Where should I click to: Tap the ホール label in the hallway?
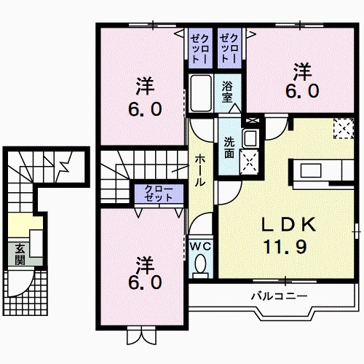click(x=199, y=169)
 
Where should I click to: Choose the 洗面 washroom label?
click(x=229, y=148)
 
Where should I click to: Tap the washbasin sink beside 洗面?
click(x=250, y=139)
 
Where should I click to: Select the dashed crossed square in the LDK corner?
click(x=342, y=128)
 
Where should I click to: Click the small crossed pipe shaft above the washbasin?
click(x=252, y=120)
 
